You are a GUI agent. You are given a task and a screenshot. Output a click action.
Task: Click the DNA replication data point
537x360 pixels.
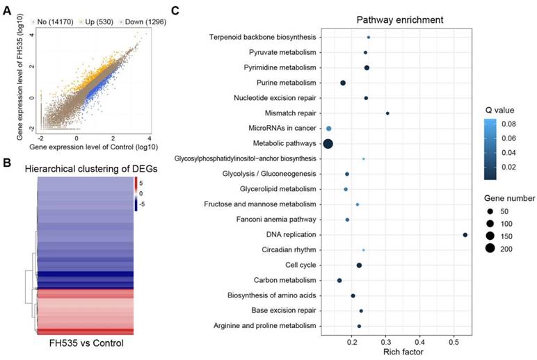(x=465, y=235)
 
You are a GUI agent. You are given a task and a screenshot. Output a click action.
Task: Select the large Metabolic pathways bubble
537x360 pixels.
(x=328, y=144)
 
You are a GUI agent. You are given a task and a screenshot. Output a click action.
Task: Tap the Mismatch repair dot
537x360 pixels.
(x=387, y=113)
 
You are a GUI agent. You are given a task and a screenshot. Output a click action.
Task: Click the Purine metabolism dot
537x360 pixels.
(x=343, y=83)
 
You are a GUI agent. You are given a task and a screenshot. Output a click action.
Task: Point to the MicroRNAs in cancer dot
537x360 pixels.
(x=329, y=129)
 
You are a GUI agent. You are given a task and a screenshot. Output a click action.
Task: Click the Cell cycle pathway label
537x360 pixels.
(x=301, y=265)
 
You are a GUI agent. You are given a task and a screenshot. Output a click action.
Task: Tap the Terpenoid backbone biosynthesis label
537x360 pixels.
(x=263, y=37)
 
